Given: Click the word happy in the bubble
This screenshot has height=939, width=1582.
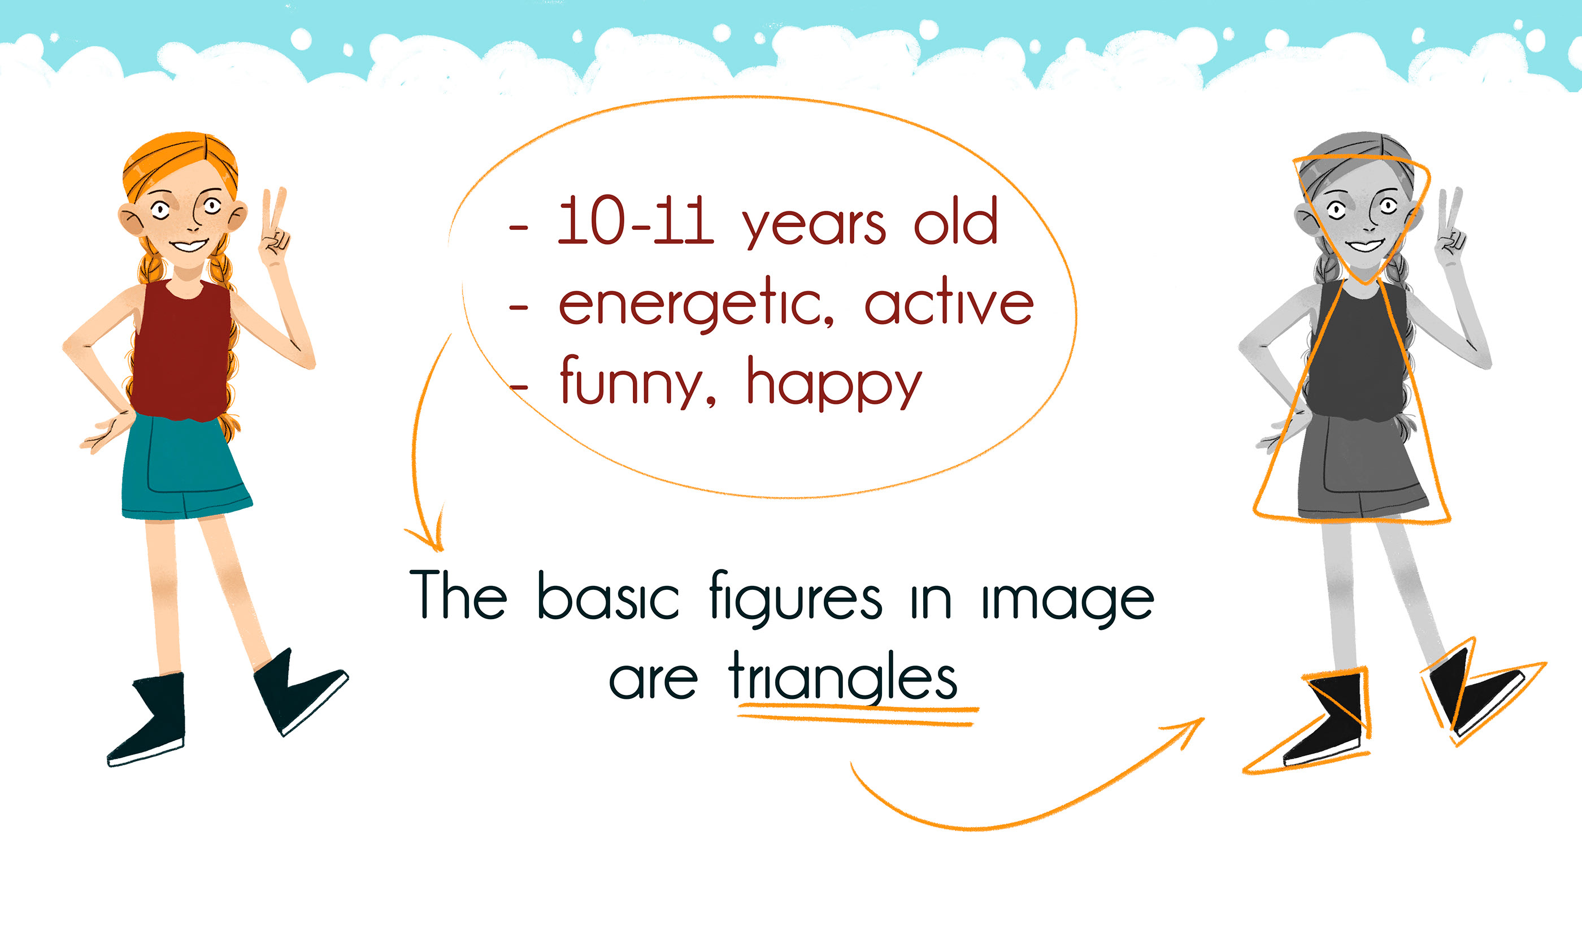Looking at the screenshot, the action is [x=834, y=383].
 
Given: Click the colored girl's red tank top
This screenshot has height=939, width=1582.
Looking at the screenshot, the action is [x=182, y=351].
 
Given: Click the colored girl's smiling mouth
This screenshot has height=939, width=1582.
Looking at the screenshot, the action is [x=189, y=245].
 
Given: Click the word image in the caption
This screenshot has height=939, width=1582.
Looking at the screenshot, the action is [x=1068, y=605].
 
